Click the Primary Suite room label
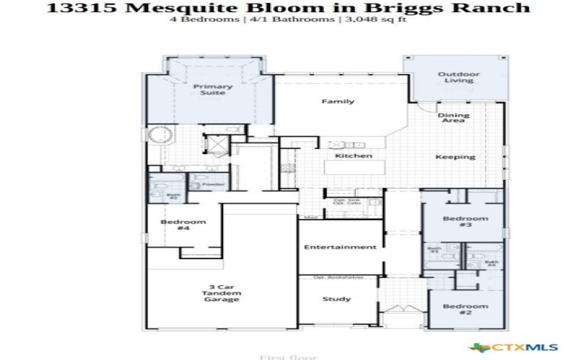pos(212,90)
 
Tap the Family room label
pos(338,102)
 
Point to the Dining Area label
pos(453,118)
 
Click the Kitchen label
pos(354,156)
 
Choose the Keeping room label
pos(455,157)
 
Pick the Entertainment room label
pos(340,247)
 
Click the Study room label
pos(337,299)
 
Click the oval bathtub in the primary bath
pos(158,134)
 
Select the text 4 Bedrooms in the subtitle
pos(214,20)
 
